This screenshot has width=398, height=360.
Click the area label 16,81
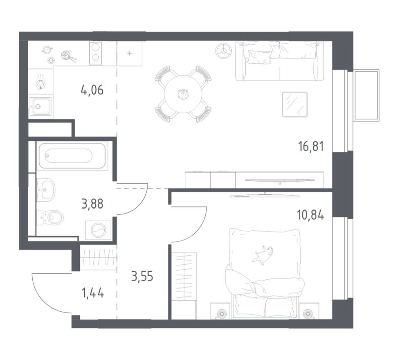[311, 146]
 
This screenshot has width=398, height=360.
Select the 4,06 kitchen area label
[92, 89]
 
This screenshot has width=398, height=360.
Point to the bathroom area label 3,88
[92, 203]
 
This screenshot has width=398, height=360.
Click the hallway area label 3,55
[142, 277]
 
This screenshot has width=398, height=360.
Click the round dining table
[183, 94]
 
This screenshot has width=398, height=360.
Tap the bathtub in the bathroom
[72, 156]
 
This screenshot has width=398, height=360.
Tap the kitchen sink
[40, 106]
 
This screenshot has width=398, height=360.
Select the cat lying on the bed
[263, 254]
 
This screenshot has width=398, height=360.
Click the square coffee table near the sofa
[295, 104]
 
